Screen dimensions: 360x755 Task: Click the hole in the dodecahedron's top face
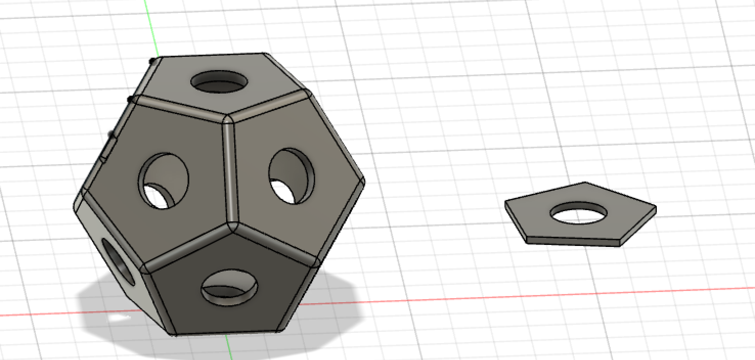[219, 81]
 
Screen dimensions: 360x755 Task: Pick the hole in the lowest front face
[229, 287]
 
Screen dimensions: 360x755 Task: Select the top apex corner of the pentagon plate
[584, 183]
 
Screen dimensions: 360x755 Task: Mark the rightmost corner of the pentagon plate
[656, 208]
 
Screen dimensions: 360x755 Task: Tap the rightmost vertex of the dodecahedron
[364, 182]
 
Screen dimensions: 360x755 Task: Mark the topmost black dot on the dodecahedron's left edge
[152, 61]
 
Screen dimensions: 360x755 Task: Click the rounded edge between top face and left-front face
[179, 106]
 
